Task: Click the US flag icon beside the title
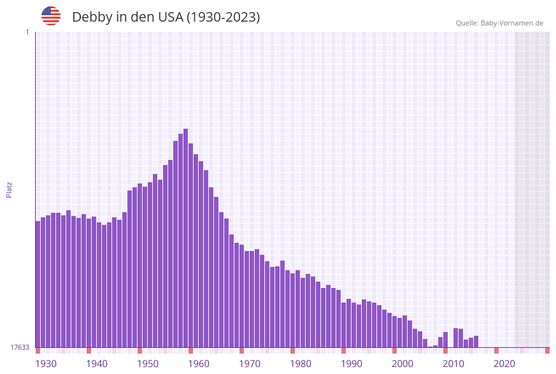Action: coord(51,16)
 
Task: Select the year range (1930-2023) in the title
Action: coord(223,17)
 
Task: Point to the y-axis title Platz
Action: coord(10,189)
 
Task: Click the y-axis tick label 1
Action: coord(27,32)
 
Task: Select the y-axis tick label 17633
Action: coord(20,347)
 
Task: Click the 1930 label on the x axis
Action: coord(46,363)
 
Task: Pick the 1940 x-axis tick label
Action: coord(97,363)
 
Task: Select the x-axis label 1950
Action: coord(148,363)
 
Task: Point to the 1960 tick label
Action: coord(199,363)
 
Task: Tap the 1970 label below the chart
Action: coord(250,363)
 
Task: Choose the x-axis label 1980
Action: coord(301,363)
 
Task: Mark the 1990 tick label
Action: coord(352,363)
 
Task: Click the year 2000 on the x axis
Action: coord(403,363)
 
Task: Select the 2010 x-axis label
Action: coord(453,363)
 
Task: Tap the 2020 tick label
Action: coord(504,363)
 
